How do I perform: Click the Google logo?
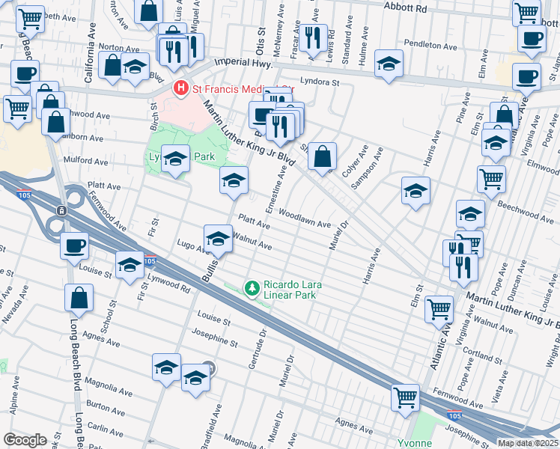click(25, 440)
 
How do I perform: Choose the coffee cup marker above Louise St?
click(74, 245)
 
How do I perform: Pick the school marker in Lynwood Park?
click(175, 159)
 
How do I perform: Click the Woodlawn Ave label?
click(305, 219)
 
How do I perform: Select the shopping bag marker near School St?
click(79, 299)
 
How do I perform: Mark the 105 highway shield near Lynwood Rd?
click(150, 262)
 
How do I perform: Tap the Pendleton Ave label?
click(430, 45)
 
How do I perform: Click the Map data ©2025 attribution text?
click(528, 443)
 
